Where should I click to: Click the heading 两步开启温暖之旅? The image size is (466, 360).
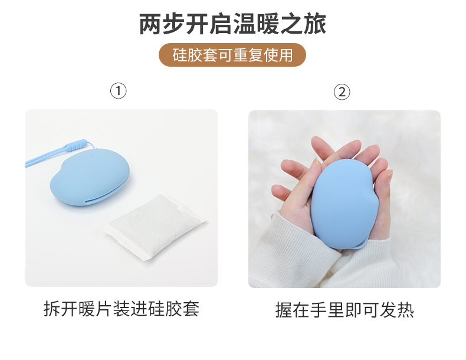[x=232, y=24]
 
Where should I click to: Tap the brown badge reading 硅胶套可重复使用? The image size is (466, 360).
[x=232, y=55]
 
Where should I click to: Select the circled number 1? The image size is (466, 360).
[x=119, y=91]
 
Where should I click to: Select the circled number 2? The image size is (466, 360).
[x=342, y=92]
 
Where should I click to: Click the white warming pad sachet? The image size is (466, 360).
[x=155, y=227]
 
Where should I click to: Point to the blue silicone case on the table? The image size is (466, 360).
[x=90, y=177]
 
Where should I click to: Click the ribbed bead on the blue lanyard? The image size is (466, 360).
[x=76, y=145]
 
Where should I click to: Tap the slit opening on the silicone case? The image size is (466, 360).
[x=106, y=193]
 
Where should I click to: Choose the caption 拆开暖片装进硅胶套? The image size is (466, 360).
[x=122, y=309]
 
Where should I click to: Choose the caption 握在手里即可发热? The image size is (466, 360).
[x=344, y=310]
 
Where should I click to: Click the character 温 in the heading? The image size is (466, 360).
[x=245, y=24]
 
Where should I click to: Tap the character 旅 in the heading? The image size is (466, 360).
[x=315, y=24]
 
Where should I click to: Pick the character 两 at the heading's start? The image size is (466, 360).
[x=150, y=24]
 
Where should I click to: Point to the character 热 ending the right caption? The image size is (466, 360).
[x=405, y=310]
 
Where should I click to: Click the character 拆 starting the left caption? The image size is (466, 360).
[x=52, y=309]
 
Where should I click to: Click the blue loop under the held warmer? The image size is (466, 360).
[x=360, y=246]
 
